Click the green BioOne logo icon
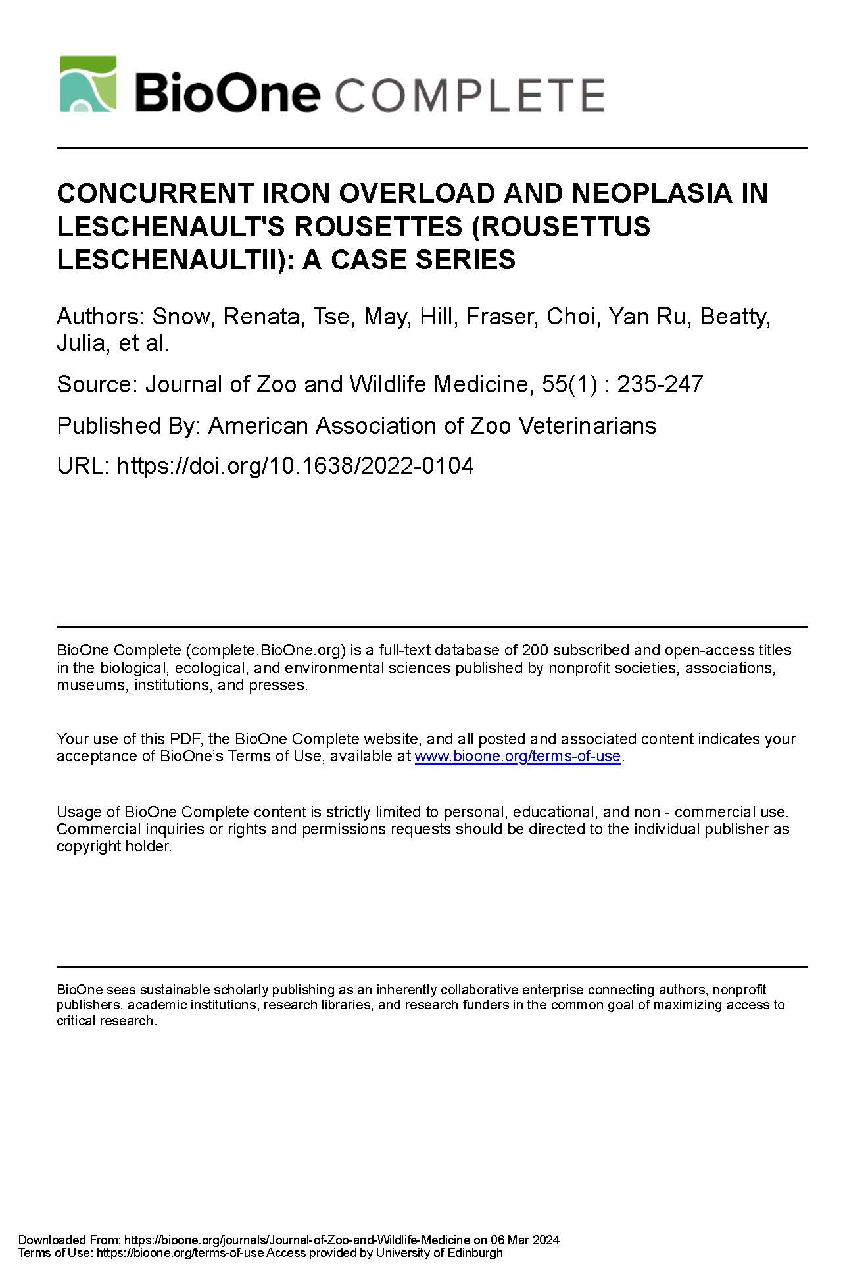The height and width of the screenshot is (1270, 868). click(88, 84)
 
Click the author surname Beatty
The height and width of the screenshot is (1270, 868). click(734, 317)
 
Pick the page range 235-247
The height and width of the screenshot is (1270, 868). click(660, 384)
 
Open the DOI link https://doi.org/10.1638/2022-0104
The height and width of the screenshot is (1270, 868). click(295, 466)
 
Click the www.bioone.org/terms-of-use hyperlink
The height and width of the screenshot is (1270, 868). click(518, 756)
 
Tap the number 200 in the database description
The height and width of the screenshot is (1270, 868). click(535, 650)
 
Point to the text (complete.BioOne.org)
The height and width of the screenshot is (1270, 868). click(265, 650)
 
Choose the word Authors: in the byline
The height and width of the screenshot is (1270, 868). click(100, 317)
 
